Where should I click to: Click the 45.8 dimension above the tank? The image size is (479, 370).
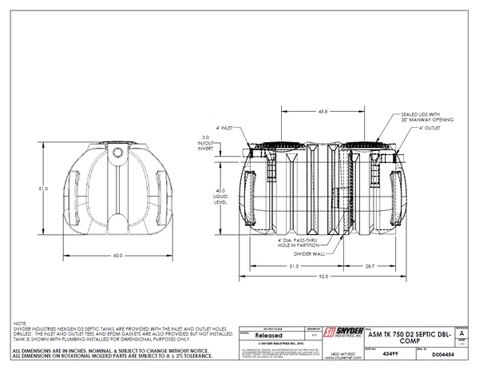point(323,111)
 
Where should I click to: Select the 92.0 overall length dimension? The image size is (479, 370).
point(323,276)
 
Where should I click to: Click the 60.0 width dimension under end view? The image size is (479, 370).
point(118,255)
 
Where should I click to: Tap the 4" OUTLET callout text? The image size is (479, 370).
point(432,128)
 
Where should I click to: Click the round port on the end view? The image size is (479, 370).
point(118,150)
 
